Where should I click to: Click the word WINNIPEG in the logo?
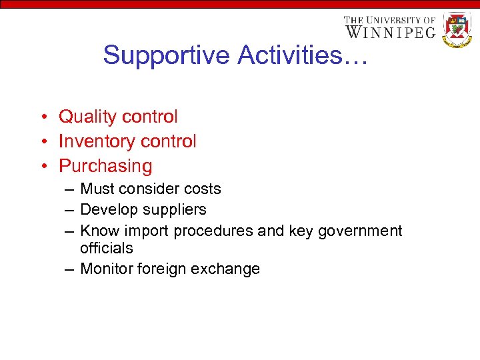click(x=390, y=32)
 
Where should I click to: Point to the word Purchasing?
click(x=105, y=166)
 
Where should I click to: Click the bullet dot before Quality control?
click(x=42, y=117)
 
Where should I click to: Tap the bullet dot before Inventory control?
click(x=42, y=142)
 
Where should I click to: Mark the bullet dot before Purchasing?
click(x=42, y=167)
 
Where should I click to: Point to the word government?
click(x=360, y=231)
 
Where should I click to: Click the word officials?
click(x=107, y=248)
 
